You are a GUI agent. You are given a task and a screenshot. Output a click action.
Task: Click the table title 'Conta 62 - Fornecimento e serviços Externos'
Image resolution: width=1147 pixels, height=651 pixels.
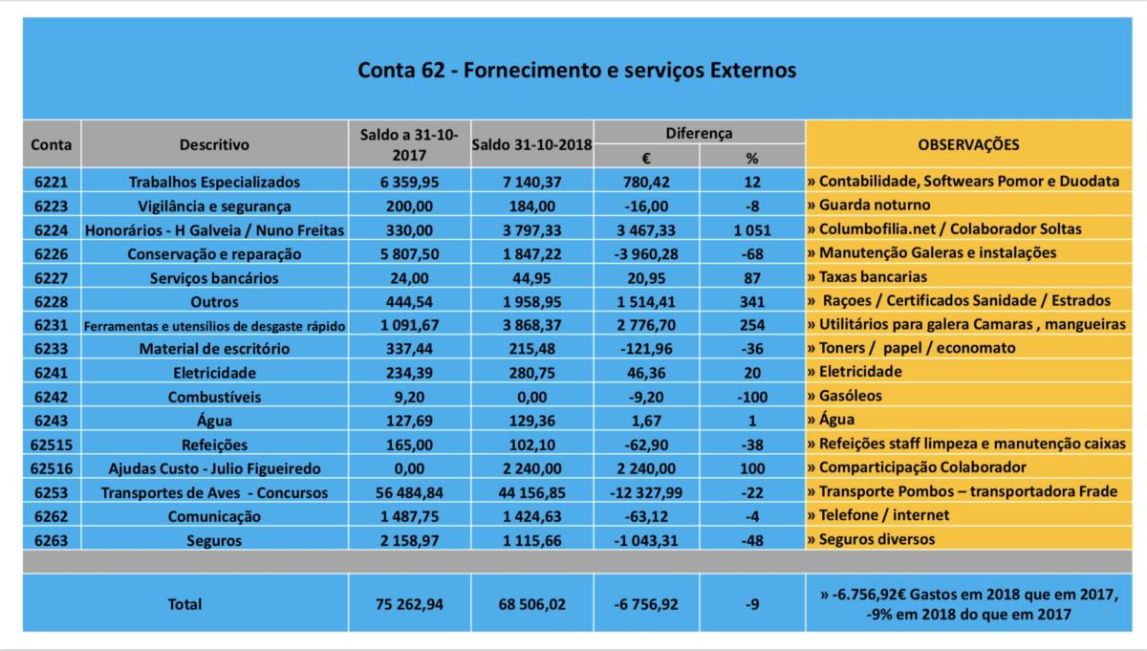coord(576,70)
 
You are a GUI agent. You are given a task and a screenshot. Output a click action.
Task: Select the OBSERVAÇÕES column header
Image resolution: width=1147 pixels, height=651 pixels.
coord(968,145)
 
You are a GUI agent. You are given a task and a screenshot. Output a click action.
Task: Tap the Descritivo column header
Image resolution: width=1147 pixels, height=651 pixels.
coord(214,145)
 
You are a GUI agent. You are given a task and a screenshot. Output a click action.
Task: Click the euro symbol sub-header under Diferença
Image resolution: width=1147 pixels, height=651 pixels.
coord(646,159)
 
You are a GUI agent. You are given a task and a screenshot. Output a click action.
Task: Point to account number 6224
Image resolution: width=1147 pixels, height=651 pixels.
coord(52,230)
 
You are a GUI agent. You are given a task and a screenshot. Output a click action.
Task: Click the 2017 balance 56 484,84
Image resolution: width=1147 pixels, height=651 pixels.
coord(409,492)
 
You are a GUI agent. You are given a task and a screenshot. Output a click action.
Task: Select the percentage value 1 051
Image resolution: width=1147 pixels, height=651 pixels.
coord(751,230)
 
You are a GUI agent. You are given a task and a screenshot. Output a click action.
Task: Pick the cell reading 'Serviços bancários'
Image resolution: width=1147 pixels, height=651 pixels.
coord(214,278)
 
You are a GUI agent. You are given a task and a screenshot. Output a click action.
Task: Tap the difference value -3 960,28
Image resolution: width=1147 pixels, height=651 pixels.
coord(646,254)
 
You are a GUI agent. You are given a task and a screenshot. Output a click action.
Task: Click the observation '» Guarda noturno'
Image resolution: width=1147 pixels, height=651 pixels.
coord(869,205)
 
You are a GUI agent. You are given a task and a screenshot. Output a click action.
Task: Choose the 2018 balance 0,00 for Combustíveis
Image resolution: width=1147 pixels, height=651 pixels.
coord(532,397)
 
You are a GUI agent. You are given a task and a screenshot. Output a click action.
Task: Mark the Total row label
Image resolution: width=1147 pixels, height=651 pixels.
coord(184,604)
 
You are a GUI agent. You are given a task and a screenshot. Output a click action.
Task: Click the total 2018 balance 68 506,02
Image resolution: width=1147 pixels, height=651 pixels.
coord(532,604)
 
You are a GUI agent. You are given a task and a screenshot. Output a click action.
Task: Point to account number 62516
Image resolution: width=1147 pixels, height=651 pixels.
coord(52,468)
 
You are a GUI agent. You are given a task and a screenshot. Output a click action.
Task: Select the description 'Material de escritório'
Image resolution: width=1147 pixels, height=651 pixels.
coord(214,349)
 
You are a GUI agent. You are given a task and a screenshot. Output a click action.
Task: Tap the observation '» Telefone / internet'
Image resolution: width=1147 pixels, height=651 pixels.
coord(878,514)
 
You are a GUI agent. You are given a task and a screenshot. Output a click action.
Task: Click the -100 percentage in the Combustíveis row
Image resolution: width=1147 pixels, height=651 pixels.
coord(751,397)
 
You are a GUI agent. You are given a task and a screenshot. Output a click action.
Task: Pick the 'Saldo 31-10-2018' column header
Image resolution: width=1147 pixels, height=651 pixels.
coord(532,145)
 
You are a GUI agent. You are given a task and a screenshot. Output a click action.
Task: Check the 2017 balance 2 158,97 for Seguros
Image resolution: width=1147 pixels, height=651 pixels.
coord(409,541)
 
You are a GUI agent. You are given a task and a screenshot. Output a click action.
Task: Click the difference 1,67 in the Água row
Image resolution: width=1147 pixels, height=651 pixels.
coord(646,421)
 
